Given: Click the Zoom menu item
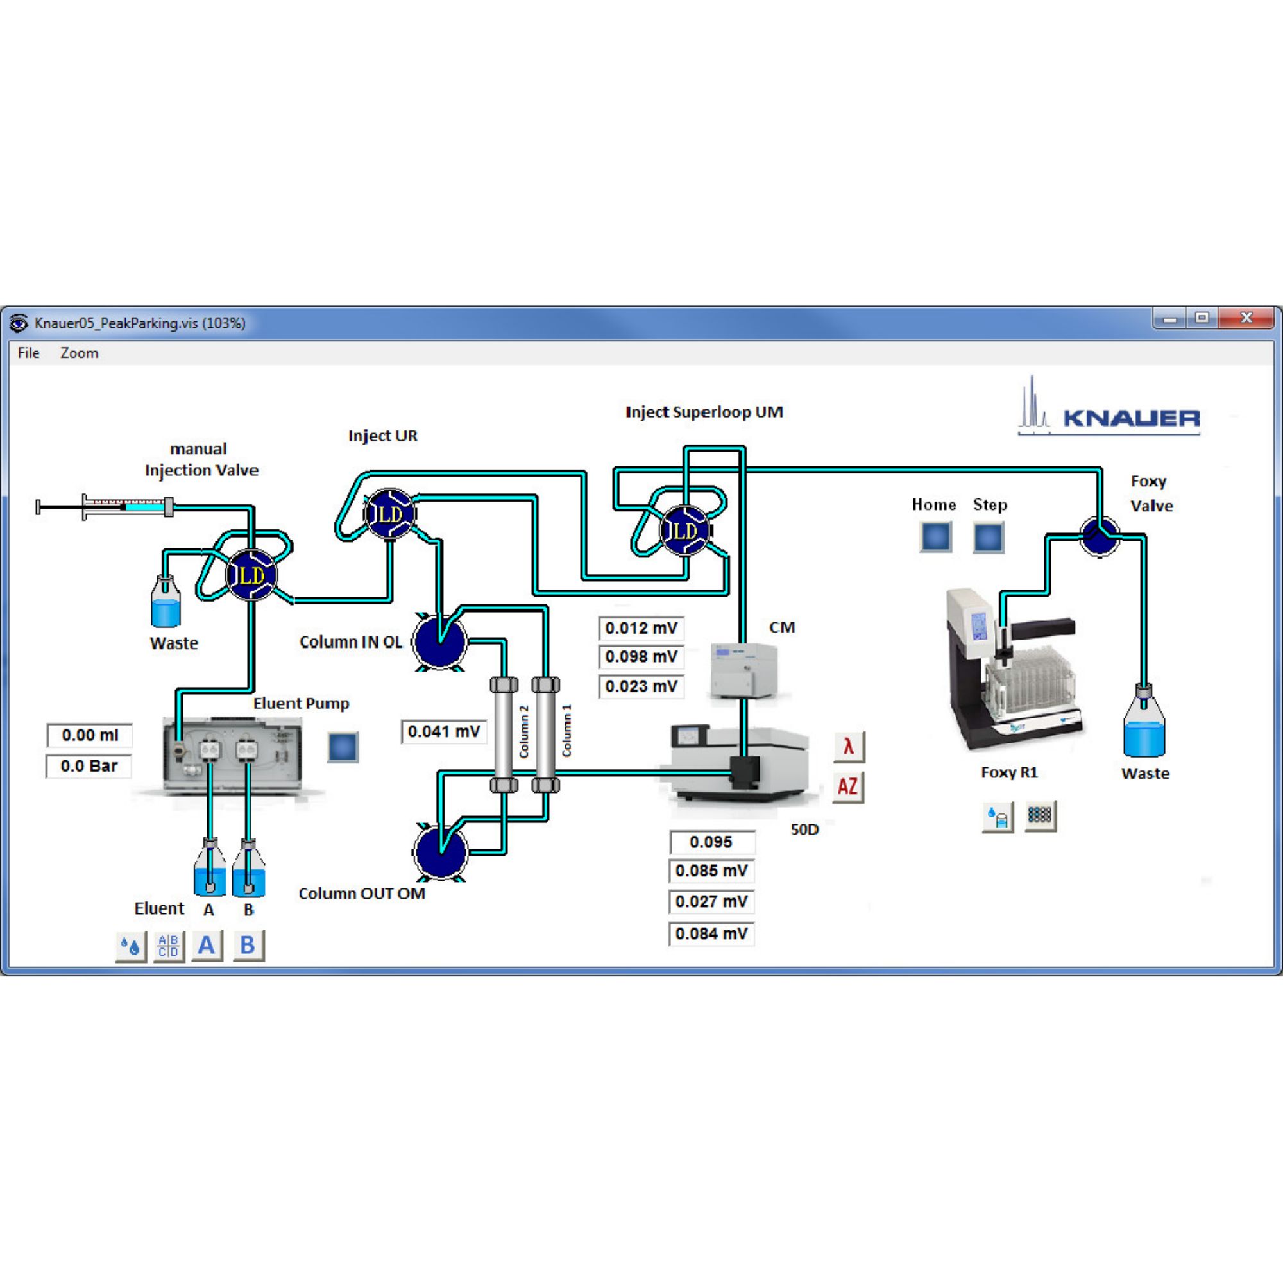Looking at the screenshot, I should pyautogui.click(x=79, y=353).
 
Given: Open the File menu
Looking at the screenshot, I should pyautogui.click(x=29, y=353).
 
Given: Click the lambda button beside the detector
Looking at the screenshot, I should pyautogui.click(x=848, y=747).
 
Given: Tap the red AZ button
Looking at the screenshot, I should pyautogui.click(x=847, y=787).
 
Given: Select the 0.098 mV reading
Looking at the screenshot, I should pyautogui.click(x=641, y=657).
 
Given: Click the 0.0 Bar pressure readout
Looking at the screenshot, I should pyautogui.click(x=89, y=767).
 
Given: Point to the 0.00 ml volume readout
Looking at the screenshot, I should pyautogui.click(x=90, y=735).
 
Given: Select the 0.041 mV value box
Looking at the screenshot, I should pyautogui.click(x=444, y=732).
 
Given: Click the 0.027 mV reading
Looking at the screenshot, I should pyautogui.click(x=711, y=902).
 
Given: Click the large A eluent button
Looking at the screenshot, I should pyautogui.click(x=207, y=945).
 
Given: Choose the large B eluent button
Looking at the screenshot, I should pyautogui.click(x=248, y=945).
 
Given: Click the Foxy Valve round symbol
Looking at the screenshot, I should pyautogui.click(x=1099, y=536).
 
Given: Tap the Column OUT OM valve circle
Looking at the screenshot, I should pyautogui.click(x=439, y=852).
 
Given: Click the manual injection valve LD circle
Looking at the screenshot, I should pyautogui.click(x=251, y=575).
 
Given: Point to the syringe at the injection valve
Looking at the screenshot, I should pyautogui.click(x=106, y=507).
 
